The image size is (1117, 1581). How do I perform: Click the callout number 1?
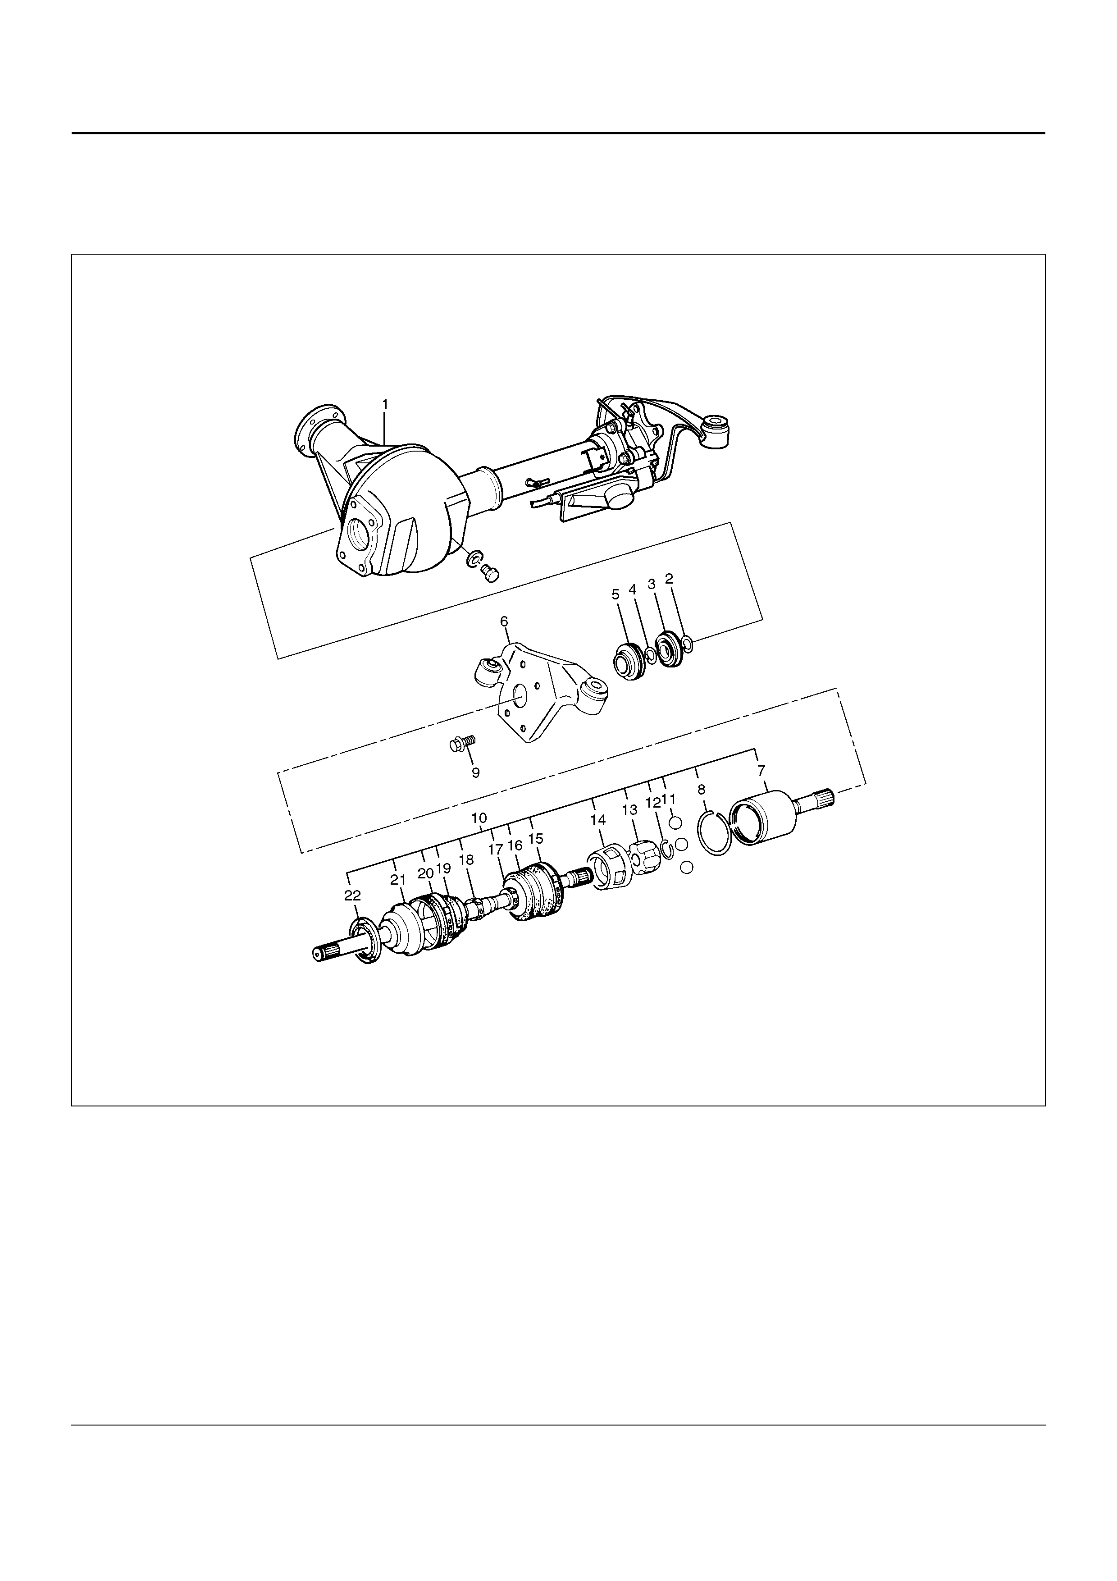pyautogui.click(x=385, y=404)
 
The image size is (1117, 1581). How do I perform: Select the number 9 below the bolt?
pyautogui.click(x=475, y=772)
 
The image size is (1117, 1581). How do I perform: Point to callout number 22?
pyautogui.click(x=352, y=895)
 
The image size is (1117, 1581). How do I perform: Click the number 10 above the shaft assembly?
pyautogui.click(x=480, y=818)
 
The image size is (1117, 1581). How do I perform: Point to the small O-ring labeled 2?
pyautogui.click(x=687, y=644)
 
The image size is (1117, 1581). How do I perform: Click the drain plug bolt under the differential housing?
pyautogui.click(x=490, y=572)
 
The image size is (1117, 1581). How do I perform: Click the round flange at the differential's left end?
pyautogui.click(x=314, y=431)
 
